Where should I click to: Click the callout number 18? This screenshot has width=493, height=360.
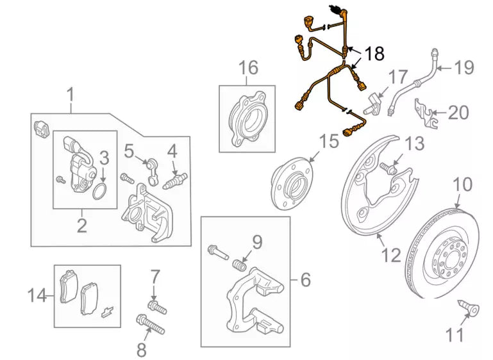pos(374,53)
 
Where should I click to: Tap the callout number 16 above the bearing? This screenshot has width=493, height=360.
pos(248,67)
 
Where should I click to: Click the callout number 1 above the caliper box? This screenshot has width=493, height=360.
pos(71,95)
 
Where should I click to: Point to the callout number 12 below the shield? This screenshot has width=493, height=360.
pos(391,256)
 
